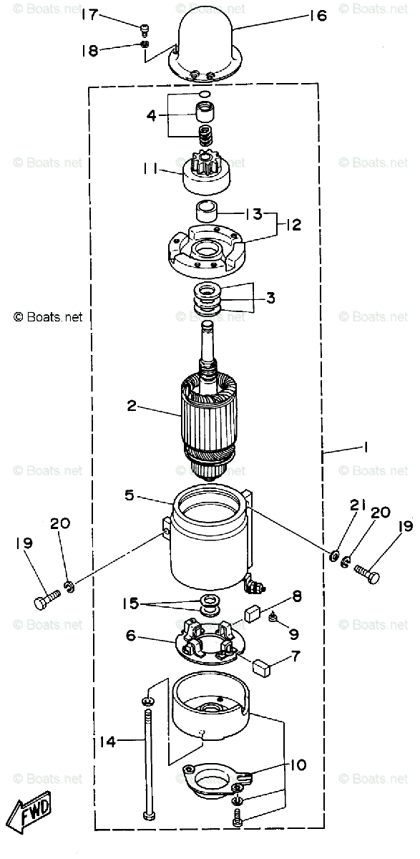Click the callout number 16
coord(318,16)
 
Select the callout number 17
coord(89,14)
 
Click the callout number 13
coord(254,213)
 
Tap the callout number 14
coord(107,742)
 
